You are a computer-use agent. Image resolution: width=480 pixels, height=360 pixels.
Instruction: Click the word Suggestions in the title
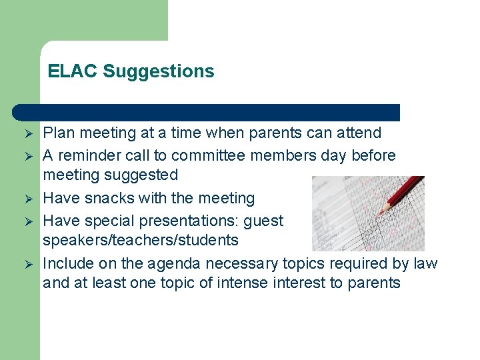159,71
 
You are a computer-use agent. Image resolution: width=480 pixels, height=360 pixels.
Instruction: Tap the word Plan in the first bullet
58,133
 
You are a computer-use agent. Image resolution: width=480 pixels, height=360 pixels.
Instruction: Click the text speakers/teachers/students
141,240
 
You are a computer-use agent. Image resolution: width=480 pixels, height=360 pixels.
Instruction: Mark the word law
425,263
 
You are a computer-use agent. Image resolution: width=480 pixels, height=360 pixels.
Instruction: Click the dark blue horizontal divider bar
207,112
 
